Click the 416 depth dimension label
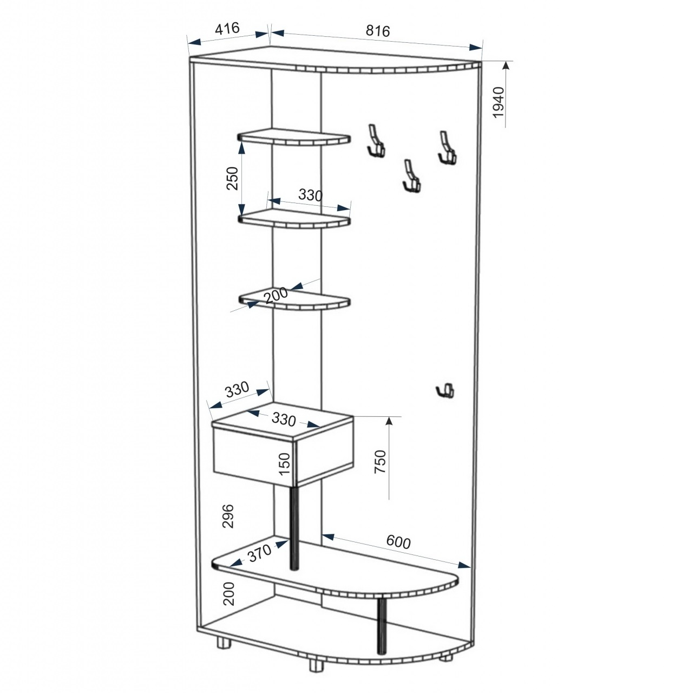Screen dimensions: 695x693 (x=227, y=28)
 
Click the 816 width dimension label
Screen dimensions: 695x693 (x=378, y=31)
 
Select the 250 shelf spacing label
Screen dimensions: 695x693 (x=232, y=178)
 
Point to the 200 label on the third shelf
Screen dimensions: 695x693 (x=276, y=295)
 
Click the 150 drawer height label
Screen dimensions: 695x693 (x=284, y=464)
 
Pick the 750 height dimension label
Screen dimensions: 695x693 (x=380, y=462)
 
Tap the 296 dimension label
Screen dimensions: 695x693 (x=228, y=517)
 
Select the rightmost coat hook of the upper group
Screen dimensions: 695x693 (x=447, y=147)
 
